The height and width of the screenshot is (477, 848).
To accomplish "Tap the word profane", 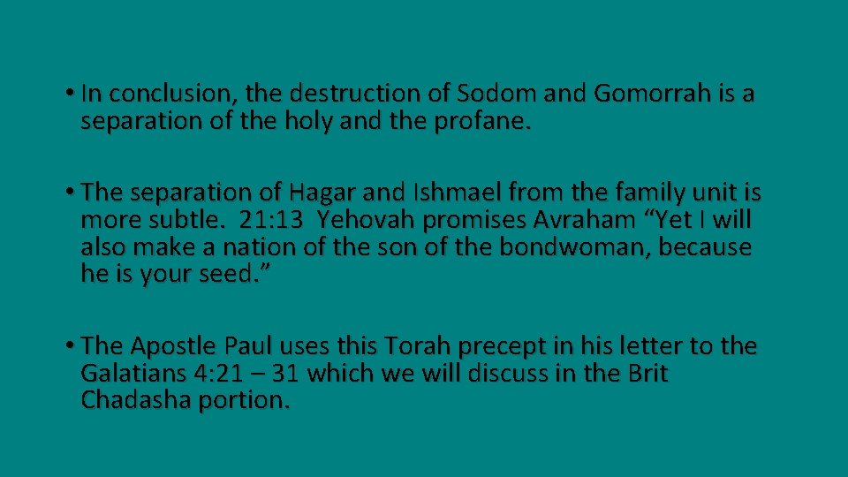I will (x=484, y=121).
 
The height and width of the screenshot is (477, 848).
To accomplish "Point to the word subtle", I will (x=193, y=220).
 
